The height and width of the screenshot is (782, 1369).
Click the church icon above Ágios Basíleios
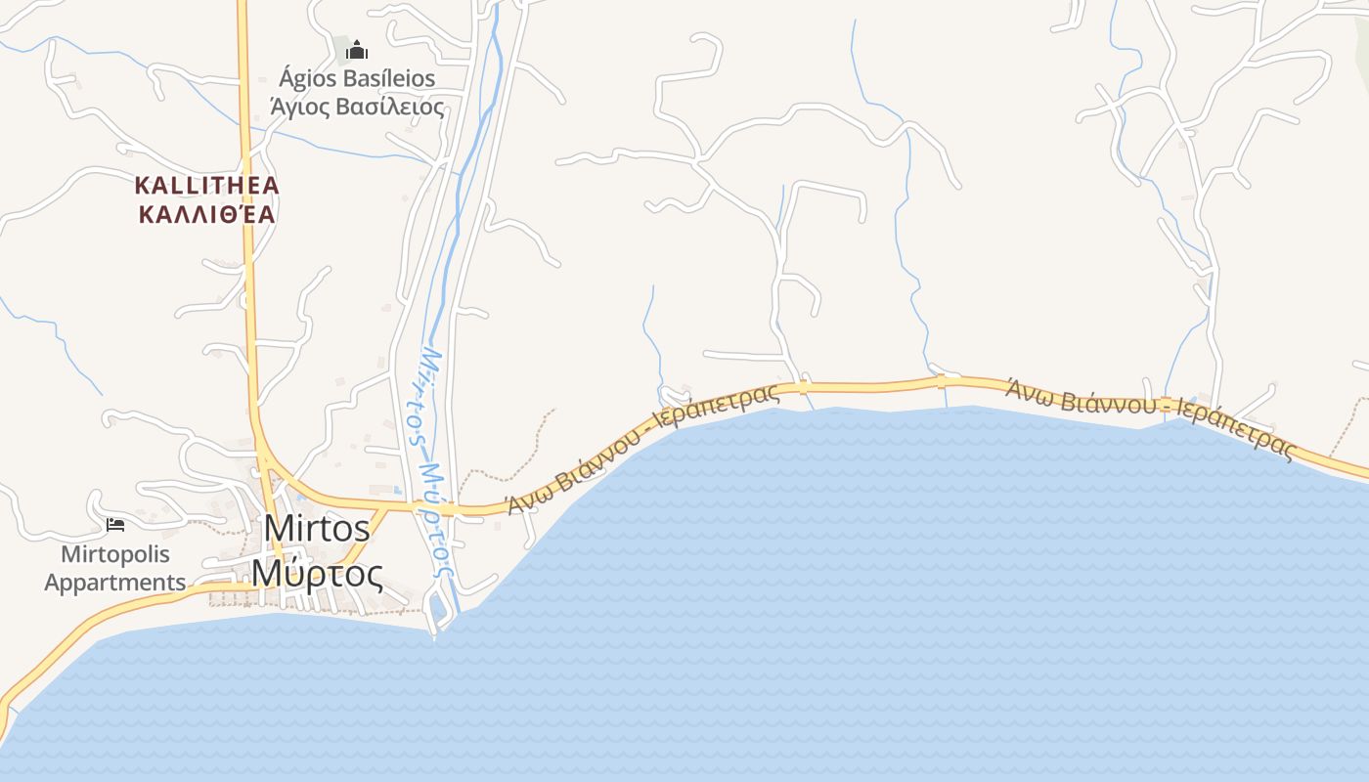tap(358, 49)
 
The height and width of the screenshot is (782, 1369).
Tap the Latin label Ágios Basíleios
tap(357, 78)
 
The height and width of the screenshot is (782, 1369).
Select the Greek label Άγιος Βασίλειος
tap(357, 107)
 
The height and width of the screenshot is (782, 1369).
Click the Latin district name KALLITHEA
tap(207, 185)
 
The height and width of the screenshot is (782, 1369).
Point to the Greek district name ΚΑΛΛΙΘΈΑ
tap(207, 214)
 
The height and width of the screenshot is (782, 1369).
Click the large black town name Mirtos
tap(317, 529)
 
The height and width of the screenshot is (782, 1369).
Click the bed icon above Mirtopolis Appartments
tap(115, 525)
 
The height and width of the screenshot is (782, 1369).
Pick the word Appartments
tap(115, 583)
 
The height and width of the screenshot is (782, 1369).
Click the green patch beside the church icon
tap(341, 48)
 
